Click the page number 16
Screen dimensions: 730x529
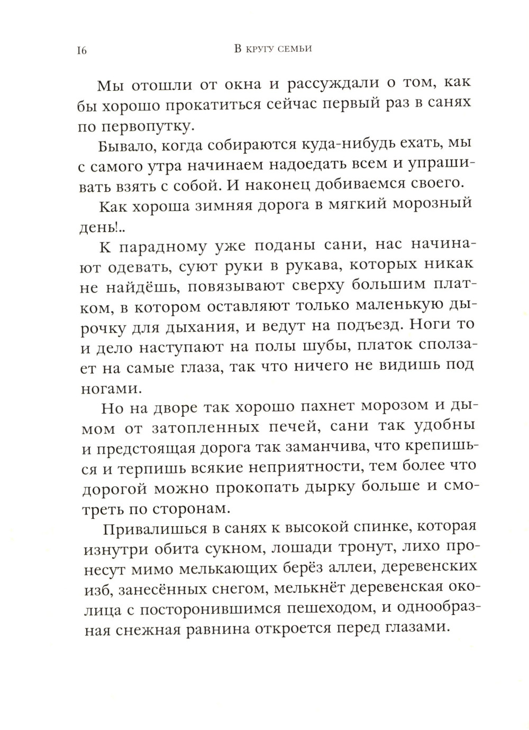(81, 51)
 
